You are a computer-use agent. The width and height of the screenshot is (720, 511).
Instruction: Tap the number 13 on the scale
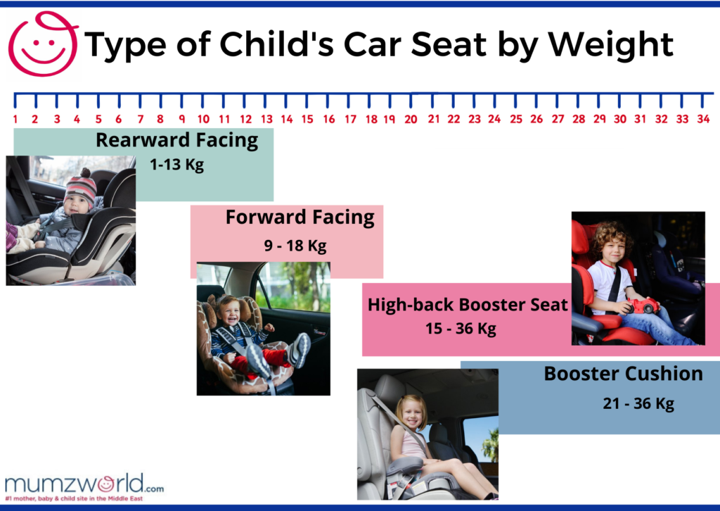point(266,119)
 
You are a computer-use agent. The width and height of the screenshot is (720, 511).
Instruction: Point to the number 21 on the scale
point(434,119)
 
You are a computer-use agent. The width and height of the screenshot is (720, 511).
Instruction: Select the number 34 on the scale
point(703,119)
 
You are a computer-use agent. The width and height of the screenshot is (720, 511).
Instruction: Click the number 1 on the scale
point(15,119)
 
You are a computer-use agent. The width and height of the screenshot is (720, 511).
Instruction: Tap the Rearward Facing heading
point(176,140)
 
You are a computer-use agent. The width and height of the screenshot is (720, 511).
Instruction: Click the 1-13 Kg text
point(176,166)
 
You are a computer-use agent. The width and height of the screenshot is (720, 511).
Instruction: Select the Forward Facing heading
point(300,217)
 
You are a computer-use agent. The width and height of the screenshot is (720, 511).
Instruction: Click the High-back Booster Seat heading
point(467,305)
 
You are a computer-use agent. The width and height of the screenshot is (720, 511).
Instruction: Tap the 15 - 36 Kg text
point(461,329)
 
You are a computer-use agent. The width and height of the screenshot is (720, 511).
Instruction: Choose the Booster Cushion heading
point(623,374)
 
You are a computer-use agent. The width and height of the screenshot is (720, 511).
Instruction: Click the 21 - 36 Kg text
point(638,403)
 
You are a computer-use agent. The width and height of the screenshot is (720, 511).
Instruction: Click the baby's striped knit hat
point(81,186)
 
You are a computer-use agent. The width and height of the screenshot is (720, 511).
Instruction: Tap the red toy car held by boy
point(643,305)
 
